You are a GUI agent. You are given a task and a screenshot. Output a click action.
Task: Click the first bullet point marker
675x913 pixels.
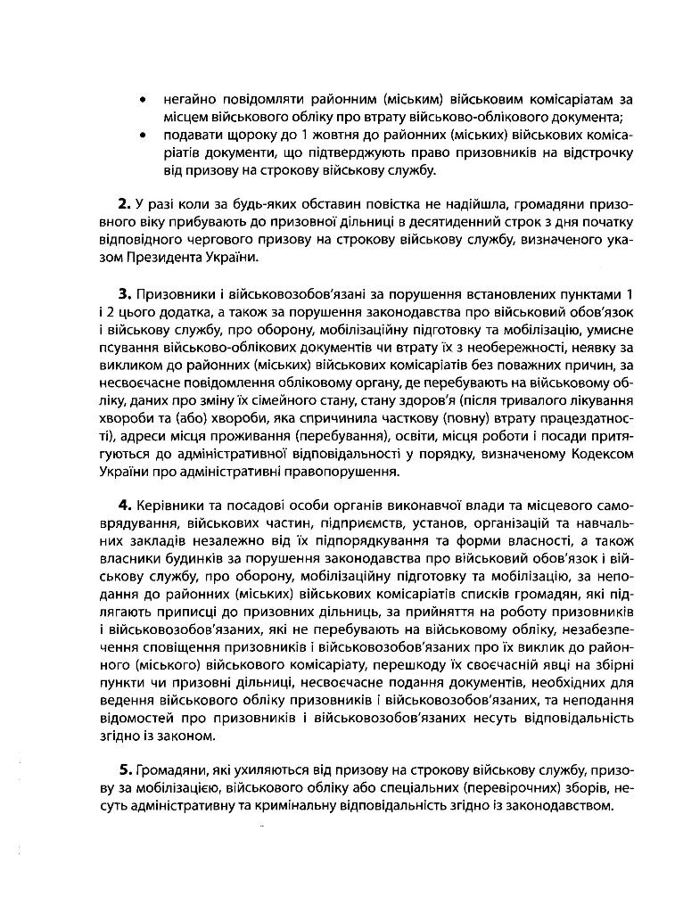[143, 100]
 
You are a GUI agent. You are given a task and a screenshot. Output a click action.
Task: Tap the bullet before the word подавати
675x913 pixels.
[143, 135]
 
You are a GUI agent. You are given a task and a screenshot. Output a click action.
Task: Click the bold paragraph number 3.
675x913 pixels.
[125, 294]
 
